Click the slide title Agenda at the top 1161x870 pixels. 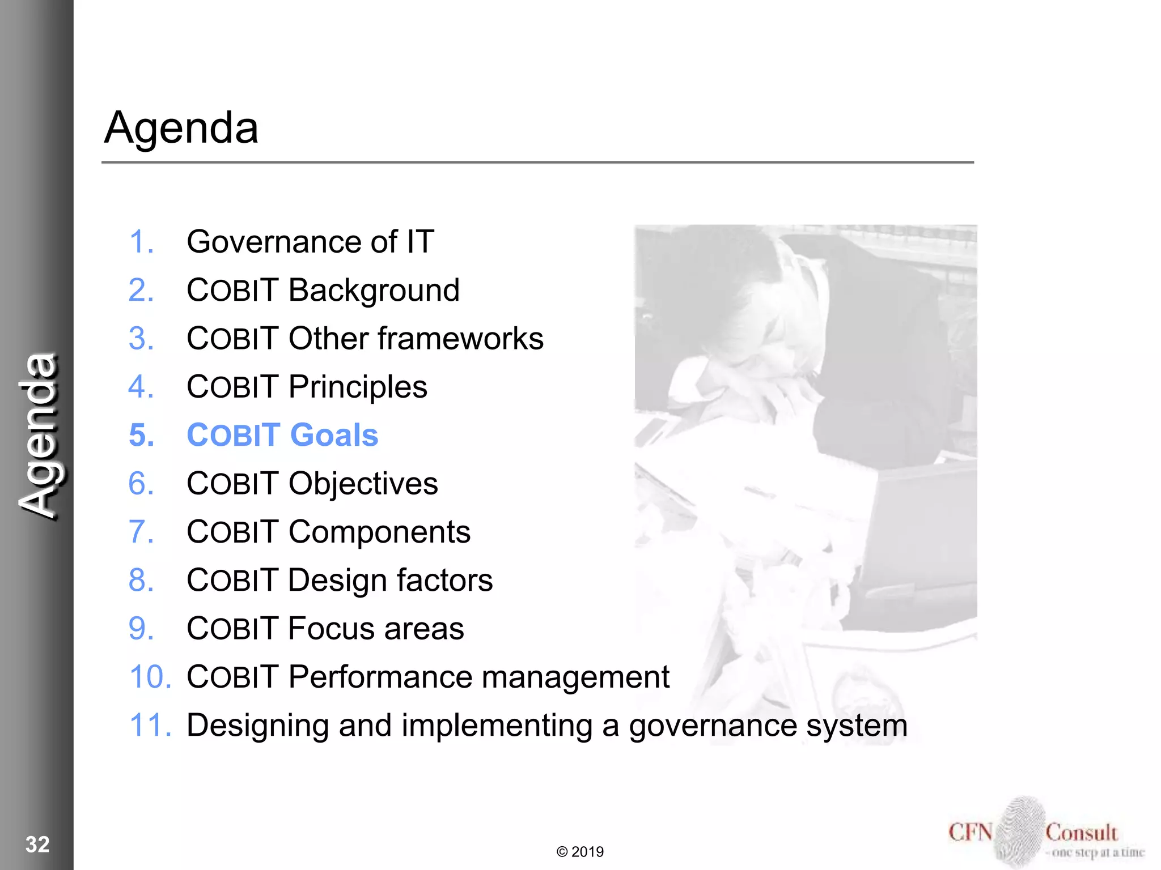tap(181, 128)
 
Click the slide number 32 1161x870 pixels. tap(37, 845)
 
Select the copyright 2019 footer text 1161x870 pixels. tap(580, 852)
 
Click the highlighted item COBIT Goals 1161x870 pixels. tap(282, 436)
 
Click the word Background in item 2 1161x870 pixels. tap(374, 291)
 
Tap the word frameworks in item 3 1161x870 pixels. tap(460, 339)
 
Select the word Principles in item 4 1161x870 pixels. tap(358, 387)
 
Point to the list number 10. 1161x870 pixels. tap(150, 677)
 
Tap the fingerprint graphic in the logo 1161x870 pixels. tap(1019, 831)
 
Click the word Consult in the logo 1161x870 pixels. tap(1081, 833)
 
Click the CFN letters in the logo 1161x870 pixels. tap(970, 833)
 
